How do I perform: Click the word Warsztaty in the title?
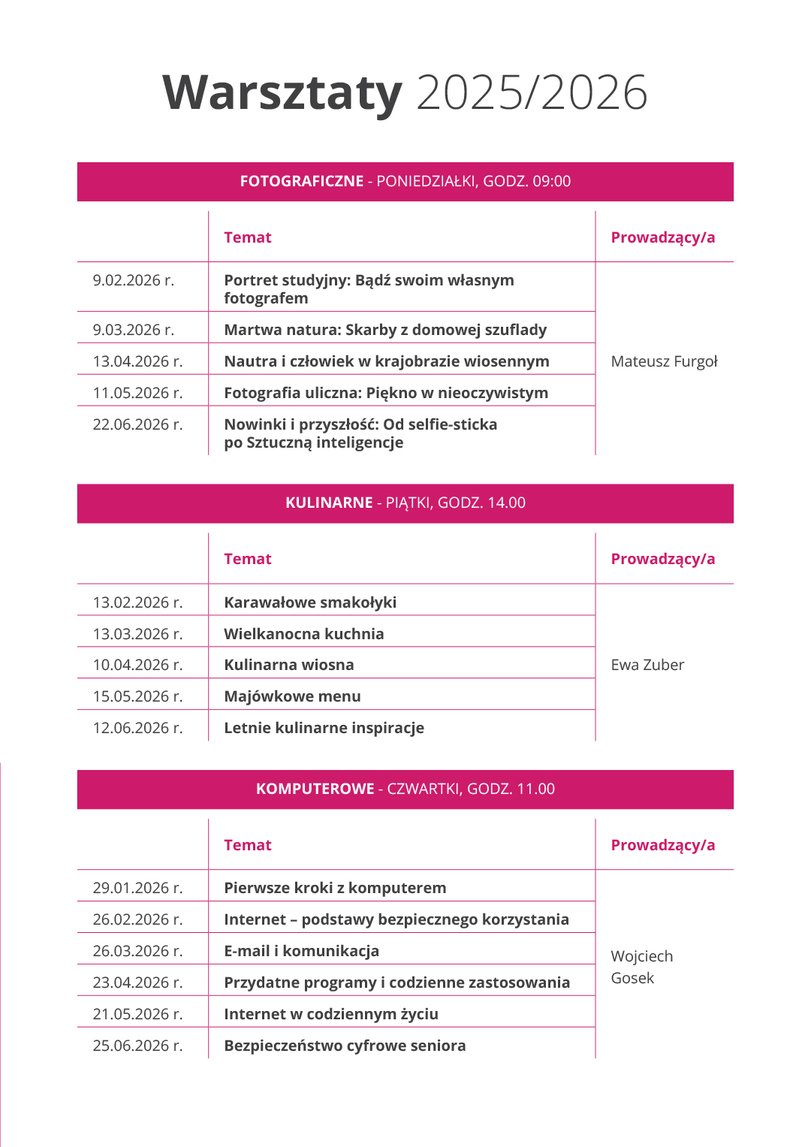pos(282,93)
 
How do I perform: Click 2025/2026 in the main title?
pos(532,93)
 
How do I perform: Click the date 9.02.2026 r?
pos(134,280)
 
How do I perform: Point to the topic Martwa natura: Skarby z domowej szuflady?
pos(385,330)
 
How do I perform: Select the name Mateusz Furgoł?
pos(664,361)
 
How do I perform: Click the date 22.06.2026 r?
pos(137,424)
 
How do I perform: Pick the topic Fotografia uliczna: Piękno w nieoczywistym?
pos(386,393)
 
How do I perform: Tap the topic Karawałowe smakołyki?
pos(310,602)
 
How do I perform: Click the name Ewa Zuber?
pos(647,665)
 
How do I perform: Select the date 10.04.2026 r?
pos(137,665)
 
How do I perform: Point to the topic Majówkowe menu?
pos(292,696)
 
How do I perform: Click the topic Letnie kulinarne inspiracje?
pos(324,728)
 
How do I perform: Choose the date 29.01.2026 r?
pos(137,888)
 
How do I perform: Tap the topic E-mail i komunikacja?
pos(301,951)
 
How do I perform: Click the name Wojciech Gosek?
pos(641,967)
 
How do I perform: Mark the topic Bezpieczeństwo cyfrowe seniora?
pos(345,1046)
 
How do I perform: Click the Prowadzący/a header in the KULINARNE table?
pos(662,559)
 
